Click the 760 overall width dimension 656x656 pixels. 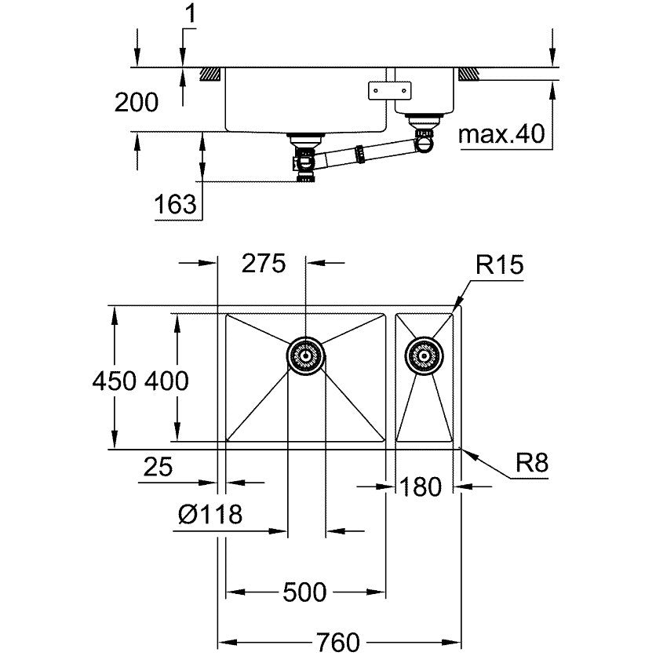[337, 642]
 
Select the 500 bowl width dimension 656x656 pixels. [304, 592]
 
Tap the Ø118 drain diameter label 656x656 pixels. [210, 513]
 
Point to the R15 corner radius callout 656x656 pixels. [500, 264]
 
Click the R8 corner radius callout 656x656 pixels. [532, 463]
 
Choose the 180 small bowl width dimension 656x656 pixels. [420, 487]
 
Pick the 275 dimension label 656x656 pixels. [264, 264]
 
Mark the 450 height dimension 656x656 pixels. [115, 381]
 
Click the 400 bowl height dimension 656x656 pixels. [166, 381]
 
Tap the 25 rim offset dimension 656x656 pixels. [158, 467]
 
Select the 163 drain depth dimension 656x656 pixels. [175, 204]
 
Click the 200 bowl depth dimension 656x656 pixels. [137, 103]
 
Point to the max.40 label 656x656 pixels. [501, 134]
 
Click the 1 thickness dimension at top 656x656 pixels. [191, 14]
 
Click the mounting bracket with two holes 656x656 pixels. [389, 90]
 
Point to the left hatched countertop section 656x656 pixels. [210, 74]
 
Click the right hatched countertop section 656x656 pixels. [468, 74]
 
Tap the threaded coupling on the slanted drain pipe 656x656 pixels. [361, 154]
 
